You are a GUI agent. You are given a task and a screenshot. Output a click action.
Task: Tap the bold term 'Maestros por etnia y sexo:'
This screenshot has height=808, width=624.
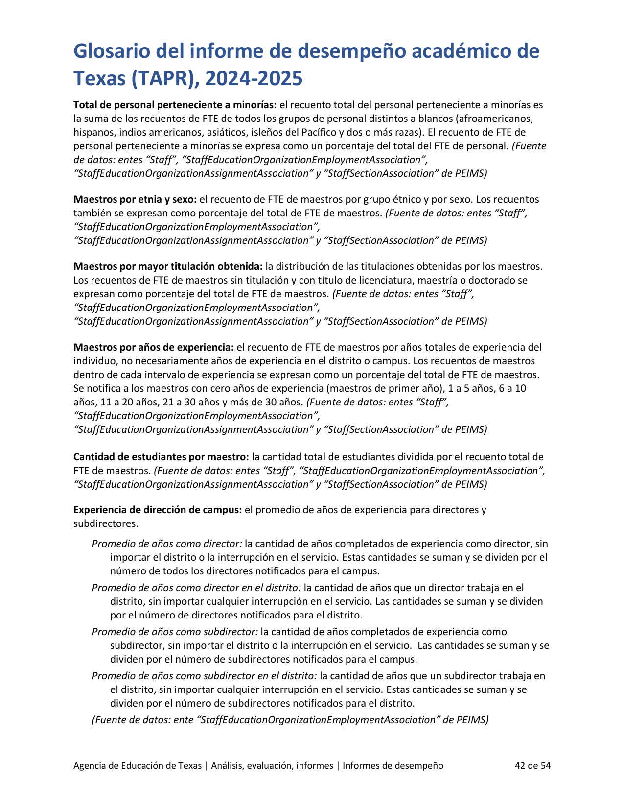point(135,199)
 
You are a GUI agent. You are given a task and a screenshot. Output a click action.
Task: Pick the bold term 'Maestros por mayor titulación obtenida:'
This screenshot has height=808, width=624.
point(168,266)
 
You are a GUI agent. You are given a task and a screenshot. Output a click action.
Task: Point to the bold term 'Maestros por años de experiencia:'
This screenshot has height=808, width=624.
point(154,347)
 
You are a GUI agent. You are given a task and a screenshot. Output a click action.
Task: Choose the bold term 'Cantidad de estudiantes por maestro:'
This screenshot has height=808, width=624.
point(161,457)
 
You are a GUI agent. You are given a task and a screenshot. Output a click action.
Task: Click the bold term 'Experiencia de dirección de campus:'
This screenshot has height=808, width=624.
point(158,510)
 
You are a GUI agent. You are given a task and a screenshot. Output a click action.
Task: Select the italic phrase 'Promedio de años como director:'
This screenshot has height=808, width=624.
point(167,544)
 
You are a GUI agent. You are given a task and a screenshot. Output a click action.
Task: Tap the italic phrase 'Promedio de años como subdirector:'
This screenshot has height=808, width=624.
point(175,632)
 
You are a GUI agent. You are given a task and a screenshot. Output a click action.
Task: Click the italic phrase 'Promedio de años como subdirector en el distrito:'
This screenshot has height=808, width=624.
point(204,676)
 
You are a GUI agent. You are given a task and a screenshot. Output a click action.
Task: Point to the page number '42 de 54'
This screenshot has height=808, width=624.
point(532,765)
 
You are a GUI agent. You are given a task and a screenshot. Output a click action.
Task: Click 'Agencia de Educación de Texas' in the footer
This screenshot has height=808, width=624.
point(137,765)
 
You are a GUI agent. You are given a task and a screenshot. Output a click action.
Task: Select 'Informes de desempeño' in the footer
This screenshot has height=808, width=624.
point(393,765)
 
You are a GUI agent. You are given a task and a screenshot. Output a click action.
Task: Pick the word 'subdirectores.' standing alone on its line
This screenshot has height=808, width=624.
point(106,523)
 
